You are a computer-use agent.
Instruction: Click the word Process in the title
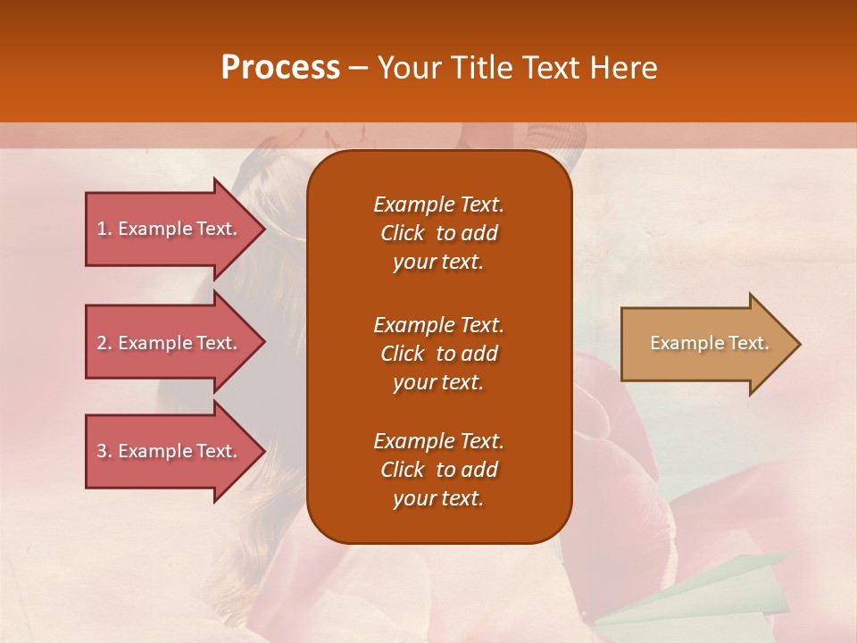[x=280, y=68]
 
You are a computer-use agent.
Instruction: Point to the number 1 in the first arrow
[x=102, y=229]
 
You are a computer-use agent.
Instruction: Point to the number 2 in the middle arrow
[x=102, y=343]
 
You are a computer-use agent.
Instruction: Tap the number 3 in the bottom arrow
[x=102, y=451]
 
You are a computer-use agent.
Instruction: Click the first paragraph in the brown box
[x=438, y=233]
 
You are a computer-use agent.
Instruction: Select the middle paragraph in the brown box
[x=438, y=353]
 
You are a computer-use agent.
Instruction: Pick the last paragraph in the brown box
[x=438, y=470]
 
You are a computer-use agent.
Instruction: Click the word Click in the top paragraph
[x=403, y=233]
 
